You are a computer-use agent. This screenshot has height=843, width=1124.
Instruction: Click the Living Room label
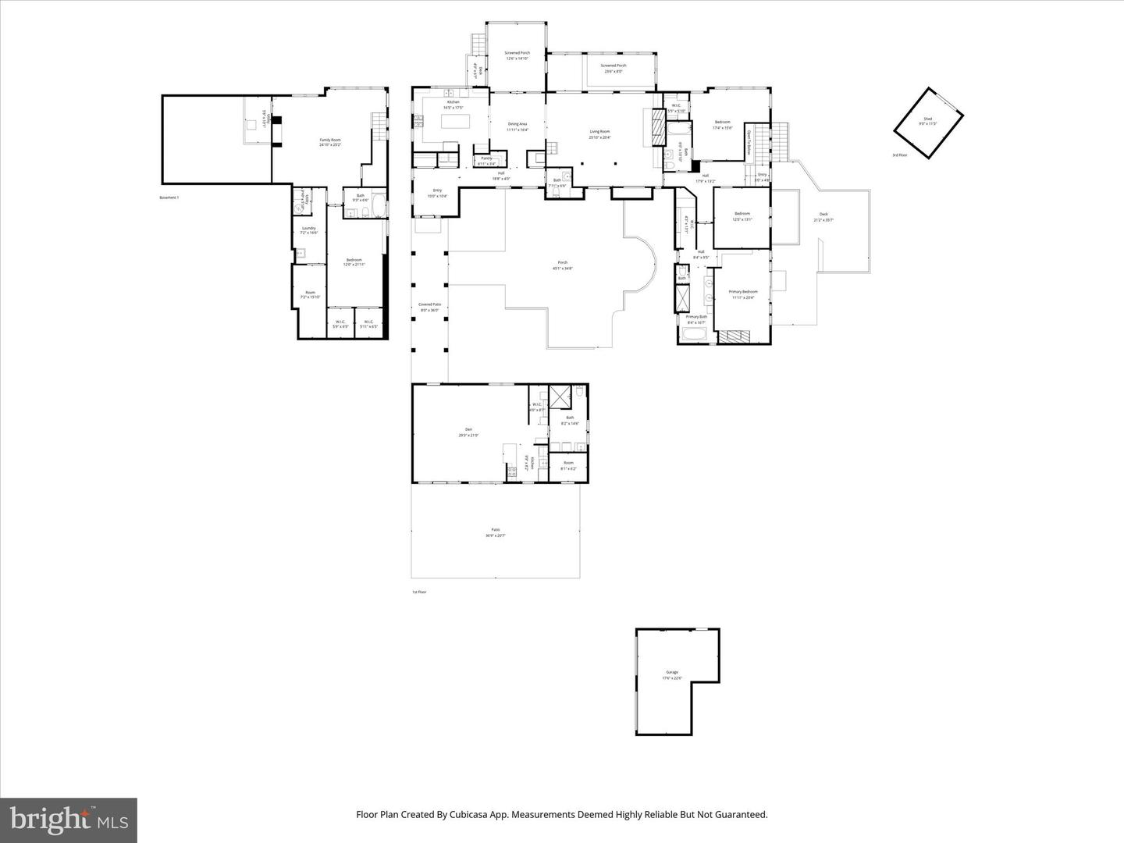point(599,134)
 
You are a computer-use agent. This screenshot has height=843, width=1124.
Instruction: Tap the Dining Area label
point(518,126)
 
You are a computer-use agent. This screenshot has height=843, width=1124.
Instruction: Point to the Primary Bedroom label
point(743,293)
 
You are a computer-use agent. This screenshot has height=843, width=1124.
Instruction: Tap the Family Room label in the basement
point(330,142)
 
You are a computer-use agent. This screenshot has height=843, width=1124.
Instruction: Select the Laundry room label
point(309,230)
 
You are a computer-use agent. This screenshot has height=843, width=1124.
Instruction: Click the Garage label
point(672,674)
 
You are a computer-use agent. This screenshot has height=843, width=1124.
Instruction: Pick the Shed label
point(927,121)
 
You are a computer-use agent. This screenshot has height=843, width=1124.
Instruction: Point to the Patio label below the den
point(495,532)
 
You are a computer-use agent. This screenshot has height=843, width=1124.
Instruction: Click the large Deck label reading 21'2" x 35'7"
point(823,217)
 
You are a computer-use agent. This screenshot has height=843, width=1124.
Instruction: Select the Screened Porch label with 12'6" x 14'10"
point(517,55)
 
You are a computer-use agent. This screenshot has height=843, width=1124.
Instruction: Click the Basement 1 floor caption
point(169,197)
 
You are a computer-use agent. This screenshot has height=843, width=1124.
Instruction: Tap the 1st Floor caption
point(419,592)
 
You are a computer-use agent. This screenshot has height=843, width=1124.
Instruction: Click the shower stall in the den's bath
point(559,397)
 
